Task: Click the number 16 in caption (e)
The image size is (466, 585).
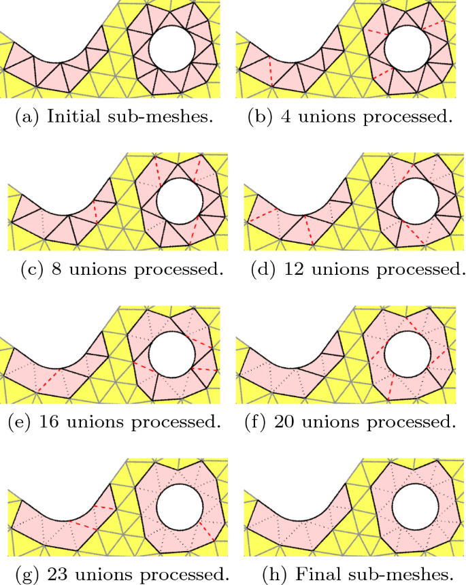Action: [46, 422]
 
